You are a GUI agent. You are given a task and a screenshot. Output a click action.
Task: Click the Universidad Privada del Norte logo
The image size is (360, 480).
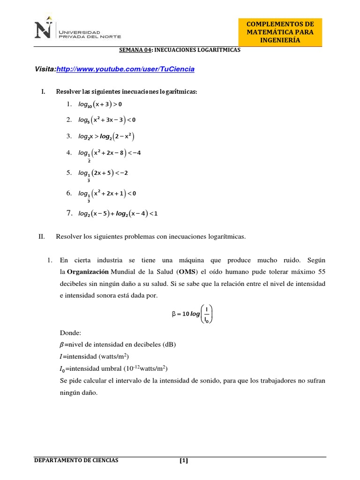click(77, 31)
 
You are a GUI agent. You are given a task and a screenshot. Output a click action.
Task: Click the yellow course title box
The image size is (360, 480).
click(280, 32)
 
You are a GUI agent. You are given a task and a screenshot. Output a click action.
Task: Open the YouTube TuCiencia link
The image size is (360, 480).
click(125, 69)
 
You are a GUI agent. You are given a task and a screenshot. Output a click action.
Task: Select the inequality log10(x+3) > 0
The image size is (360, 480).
click(100, 104)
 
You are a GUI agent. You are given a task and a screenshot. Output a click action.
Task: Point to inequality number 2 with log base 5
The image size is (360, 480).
click(107, 120)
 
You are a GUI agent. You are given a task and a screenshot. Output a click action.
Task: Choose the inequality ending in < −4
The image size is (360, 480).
click(109, 153)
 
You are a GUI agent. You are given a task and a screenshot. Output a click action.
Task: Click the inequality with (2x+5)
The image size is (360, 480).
click(103, 173)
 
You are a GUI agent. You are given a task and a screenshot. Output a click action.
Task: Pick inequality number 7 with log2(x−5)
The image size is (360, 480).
click(118, 214)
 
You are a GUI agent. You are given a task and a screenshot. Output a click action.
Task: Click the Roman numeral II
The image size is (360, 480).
click(41, 237)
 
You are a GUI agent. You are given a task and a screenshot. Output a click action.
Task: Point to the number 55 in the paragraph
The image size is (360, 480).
click(322, 272)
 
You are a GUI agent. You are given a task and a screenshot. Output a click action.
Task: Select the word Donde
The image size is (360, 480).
click(71, 333)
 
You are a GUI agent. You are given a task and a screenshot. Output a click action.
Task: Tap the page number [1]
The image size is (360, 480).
click(183, 460)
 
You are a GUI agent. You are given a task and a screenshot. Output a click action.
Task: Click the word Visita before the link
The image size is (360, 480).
click(45, 69)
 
